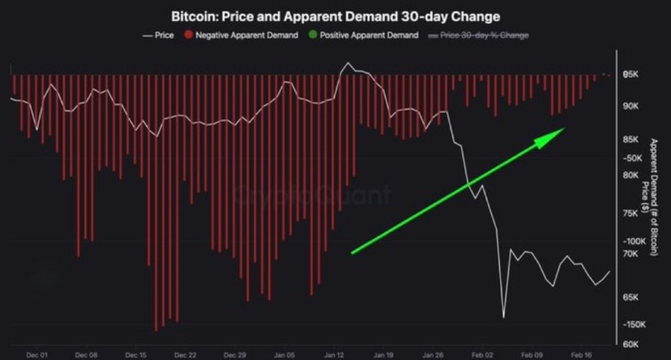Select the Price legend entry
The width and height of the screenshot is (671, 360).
click(159, 35)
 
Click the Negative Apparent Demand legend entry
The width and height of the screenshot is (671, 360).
click(242, 35)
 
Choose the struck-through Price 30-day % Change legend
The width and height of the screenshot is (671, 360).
click(479, 35)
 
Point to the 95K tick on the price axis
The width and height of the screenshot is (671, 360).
click(630, 75)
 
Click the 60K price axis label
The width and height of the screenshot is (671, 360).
click(630, 344)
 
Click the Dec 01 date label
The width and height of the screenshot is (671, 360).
click(37, 355)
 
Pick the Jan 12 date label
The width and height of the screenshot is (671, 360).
click(334, 355)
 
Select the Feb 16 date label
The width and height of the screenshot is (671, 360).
click(582, 355)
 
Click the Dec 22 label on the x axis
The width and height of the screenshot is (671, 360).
click(185, 355)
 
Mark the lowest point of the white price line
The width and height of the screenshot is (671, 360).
click(503, 317)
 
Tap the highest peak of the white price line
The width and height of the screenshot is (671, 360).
click(347, 64)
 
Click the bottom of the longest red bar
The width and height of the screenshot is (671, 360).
click(156, 329)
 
